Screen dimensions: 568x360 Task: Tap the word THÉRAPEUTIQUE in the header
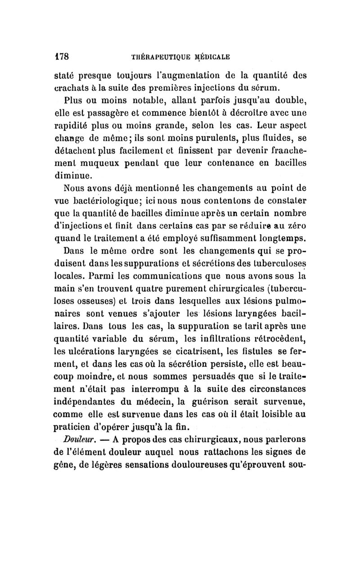(x=155, y=57)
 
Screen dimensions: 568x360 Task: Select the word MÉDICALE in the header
(x=211, y=57)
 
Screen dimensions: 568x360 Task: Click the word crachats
(x=73, y=87)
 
